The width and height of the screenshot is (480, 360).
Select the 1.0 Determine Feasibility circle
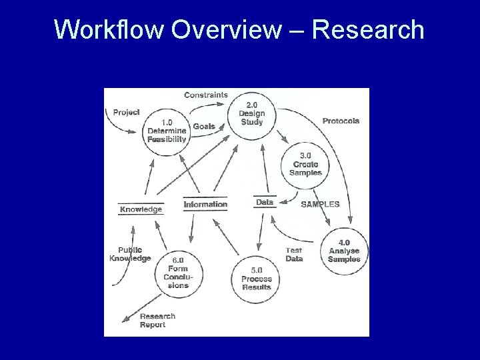167,131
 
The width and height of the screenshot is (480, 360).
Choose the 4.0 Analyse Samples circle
344,250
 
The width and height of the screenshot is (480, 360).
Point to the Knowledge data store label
141,209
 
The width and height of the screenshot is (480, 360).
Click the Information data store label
205,205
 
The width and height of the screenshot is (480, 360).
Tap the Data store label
265,202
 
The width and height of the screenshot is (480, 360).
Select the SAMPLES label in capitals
320,205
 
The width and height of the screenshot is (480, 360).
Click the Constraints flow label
205,95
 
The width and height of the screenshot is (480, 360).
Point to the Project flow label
126,112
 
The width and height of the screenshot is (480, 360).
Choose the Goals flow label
204,127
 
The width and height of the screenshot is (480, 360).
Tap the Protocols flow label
341,121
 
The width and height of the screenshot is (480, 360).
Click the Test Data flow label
294,255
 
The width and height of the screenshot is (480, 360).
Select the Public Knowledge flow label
130,254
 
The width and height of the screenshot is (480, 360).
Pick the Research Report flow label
157,320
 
